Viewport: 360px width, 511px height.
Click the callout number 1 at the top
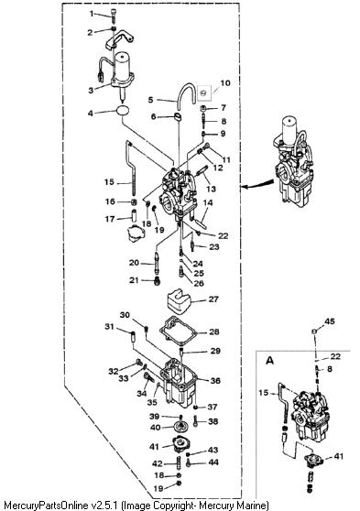click(x=92, y=14)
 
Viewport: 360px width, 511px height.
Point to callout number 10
click(x=225, y=83)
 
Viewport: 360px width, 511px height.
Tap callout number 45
click(x=330, y=321)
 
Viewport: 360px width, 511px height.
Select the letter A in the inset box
click(x=269, y=361)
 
